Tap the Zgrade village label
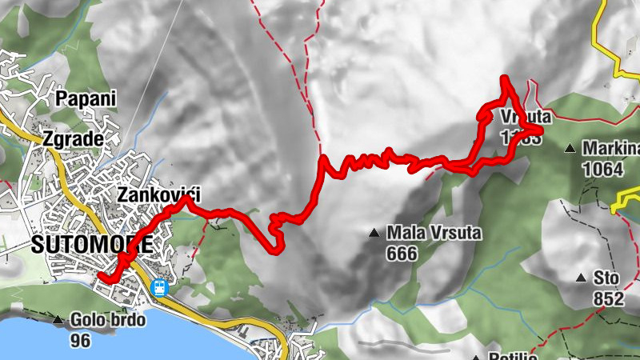click(x=74, y=139)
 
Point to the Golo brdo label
click(x=107, y=321)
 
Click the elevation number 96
click(x=80, y=340)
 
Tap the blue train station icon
click(x=160, y=288)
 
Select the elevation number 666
click(x=402, y=254)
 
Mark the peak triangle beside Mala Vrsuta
click(x=374, y=234)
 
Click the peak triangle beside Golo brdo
click(x=58, y=321)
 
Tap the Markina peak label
click(x=611, y=148)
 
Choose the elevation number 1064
click(x=602, y=168)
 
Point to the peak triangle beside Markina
click(x=570, y=148)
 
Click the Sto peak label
click(x=606, y=278)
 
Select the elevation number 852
click(x=609, y=298)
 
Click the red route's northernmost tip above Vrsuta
click(x=505, y=78)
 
